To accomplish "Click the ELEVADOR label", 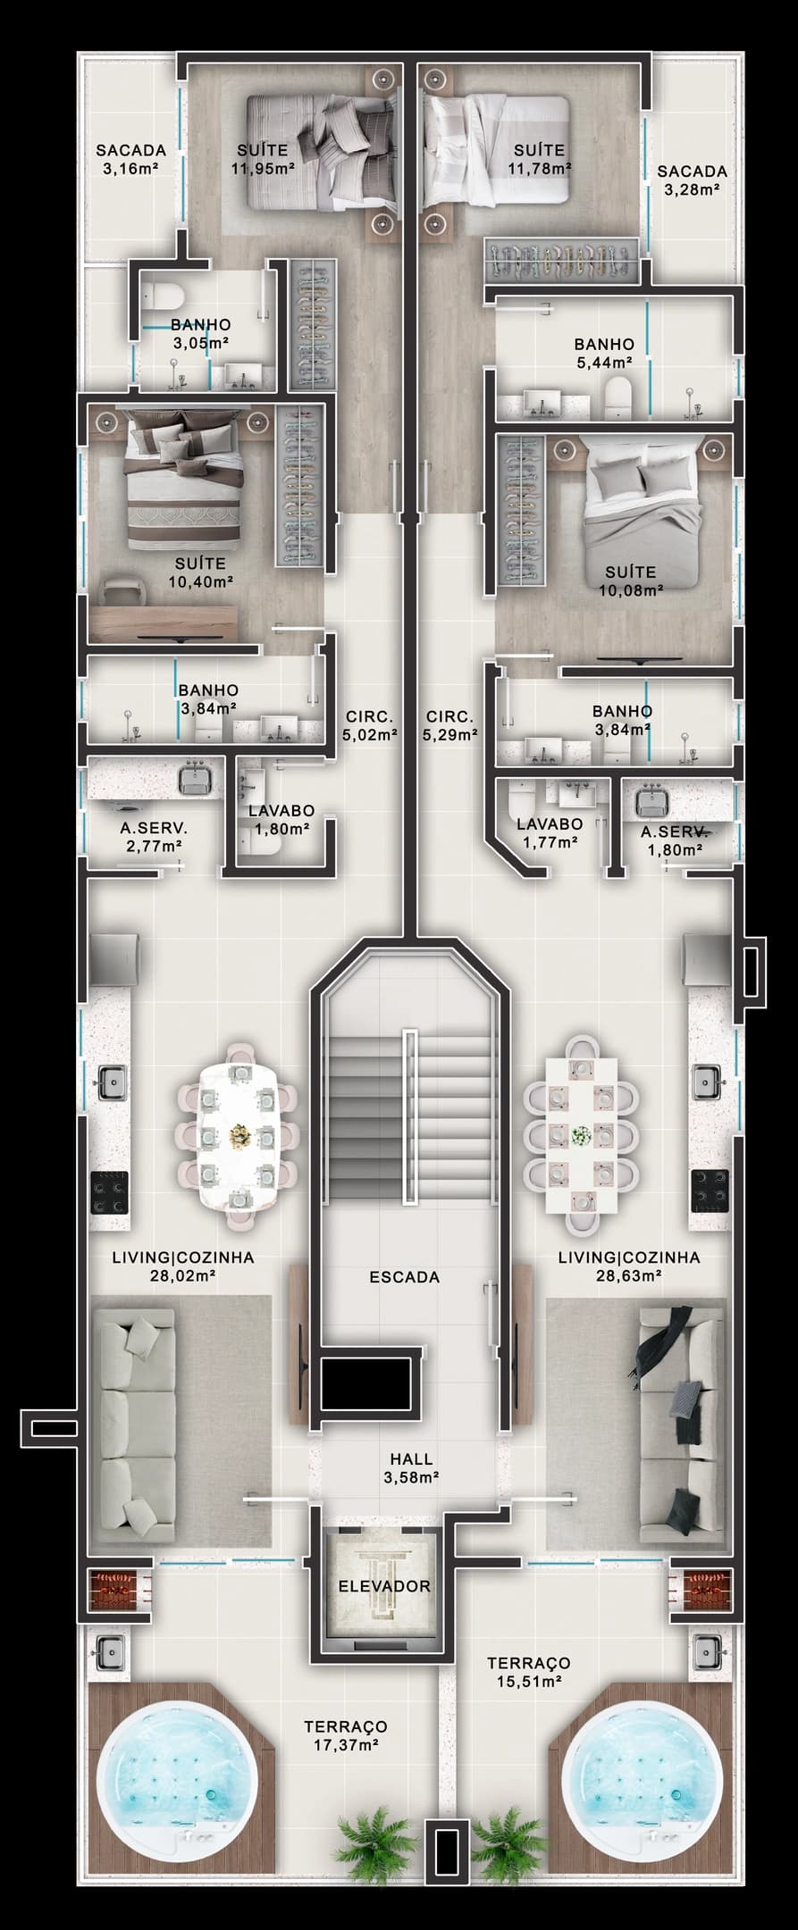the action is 384,1586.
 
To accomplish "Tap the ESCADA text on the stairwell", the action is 405,1277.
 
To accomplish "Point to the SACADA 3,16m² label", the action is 131,159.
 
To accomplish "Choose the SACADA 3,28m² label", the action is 693,180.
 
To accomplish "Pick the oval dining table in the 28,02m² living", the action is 238,1128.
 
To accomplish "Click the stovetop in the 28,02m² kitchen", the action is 109,1192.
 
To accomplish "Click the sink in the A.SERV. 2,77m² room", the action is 195,780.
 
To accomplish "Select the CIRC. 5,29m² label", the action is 449,725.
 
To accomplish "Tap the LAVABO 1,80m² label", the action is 281,819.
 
